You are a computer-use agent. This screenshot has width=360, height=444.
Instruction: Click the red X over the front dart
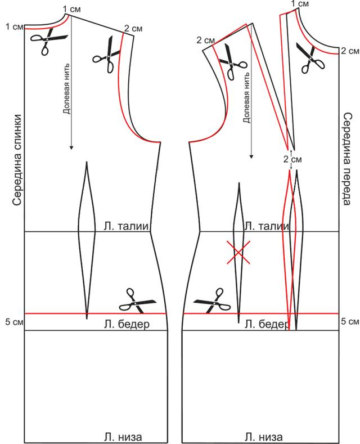(238, 252)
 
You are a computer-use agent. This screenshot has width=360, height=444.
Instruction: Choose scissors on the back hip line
(137, 302)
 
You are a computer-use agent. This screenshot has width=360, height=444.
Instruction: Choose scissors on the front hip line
(212, 302)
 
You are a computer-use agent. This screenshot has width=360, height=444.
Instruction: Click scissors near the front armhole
(230, 59)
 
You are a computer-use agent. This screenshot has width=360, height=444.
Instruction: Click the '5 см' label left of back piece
(12, 322)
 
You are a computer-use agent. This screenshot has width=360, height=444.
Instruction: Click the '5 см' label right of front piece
(350, 322)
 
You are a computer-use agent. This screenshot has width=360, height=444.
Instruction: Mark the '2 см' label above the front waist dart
(289, 158)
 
